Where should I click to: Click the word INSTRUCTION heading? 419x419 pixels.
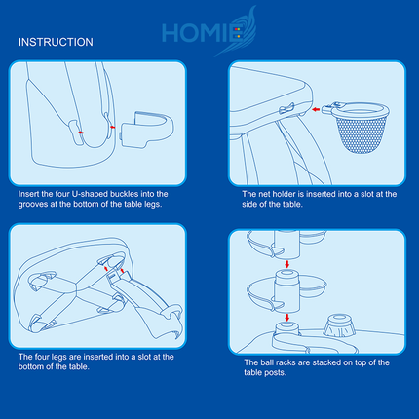coord(56,42)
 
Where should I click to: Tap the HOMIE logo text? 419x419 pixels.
coord(204,33)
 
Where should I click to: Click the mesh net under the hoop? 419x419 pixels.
coord(362,134)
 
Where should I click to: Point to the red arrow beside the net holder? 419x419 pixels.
coord(316,110)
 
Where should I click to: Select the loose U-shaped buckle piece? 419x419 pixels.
coord(147,130)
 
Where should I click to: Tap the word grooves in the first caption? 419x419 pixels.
coord(31,205)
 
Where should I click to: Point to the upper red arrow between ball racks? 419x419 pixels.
coord(286,263)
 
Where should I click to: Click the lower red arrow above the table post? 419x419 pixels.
coord(286,318)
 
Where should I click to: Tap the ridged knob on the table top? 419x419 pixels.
coord(339,324)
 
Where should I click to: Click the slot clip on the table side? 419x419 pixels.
coord(286,108)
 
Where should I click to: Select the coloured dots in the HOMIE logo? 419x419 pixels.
coord(238,33)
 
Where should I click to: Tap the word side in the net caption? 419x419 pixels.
coord(248,204)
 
